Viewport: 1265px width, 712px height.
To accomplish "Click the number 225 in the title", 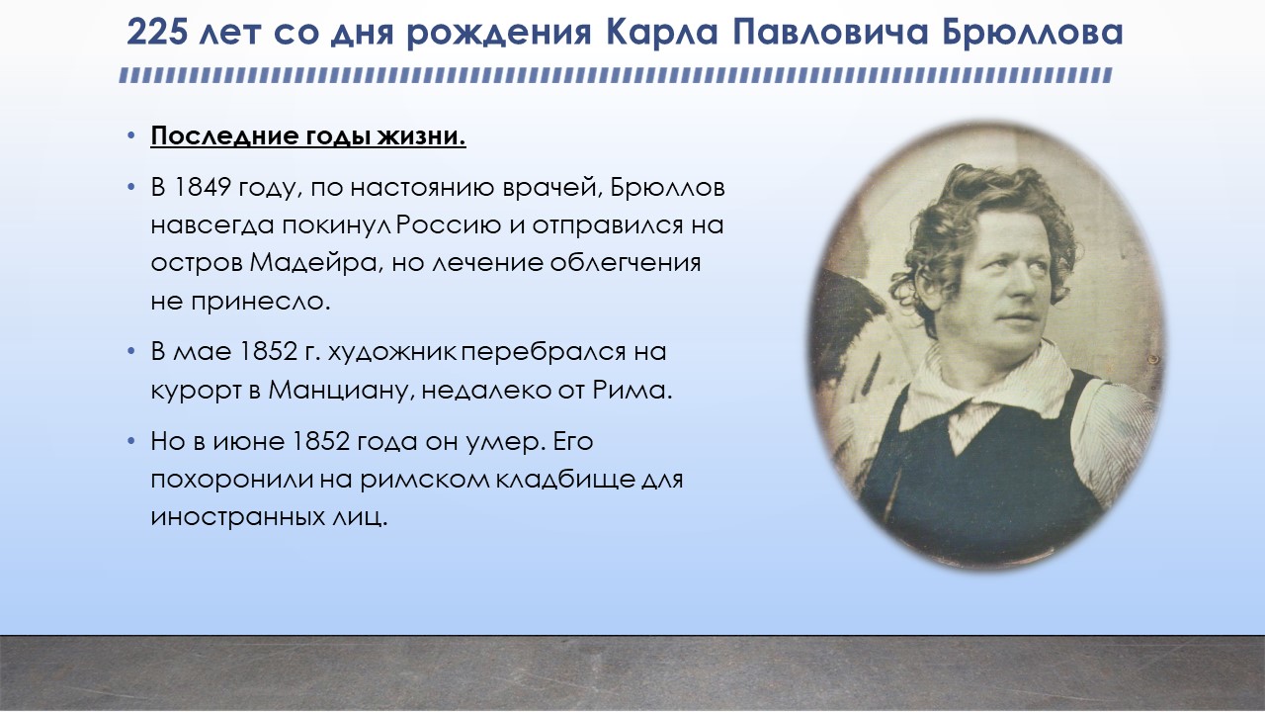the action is [156, 33].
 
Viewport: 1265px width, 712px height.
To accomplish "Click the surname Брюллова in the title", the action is [1033, 33].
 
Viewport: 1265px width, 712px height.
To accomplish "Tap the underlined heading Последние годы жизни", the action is [308, 136].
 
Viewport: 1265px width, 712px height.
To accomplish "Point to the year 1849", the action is [200, 187].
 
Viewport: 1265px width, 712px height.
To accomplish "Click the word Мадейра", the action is [314, 263].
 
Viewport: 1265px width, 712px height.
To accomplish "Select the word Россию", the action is [449, 224].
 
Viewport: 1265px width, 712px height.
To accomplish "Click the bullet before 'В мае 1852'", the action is [131, 351].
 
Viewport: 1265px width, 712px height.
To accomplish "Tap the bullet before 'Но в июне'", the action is [131, 441].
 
